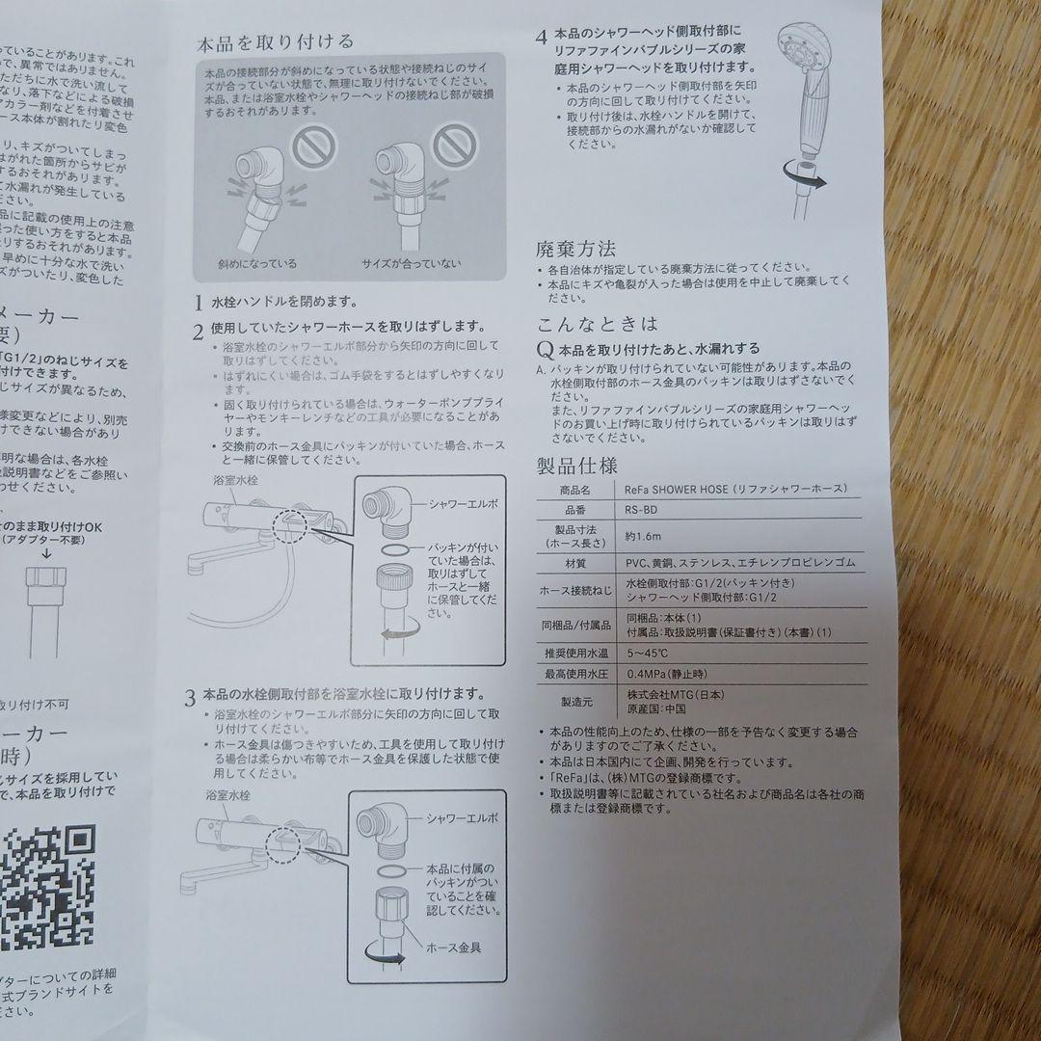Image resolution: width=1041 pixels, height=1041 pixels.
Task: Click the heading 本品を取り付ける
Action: [275, 42]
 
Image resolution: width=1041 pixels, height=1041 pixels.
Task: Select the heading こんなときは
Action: [597, 324]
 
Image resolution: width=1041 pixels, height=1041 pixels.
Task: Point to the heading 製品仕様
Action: [576, 467]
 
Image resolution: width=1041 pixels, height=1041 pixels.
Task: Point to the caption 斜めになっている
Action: [258, 263]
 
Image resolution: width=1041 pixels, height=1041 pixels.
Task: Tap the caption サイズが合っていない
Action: [412, 263]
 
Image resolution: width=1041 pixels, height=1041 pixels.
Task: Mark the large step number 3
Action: [192, 697]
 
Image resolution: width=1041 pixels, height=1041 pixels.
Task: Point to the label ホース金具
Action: [454, 948]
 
